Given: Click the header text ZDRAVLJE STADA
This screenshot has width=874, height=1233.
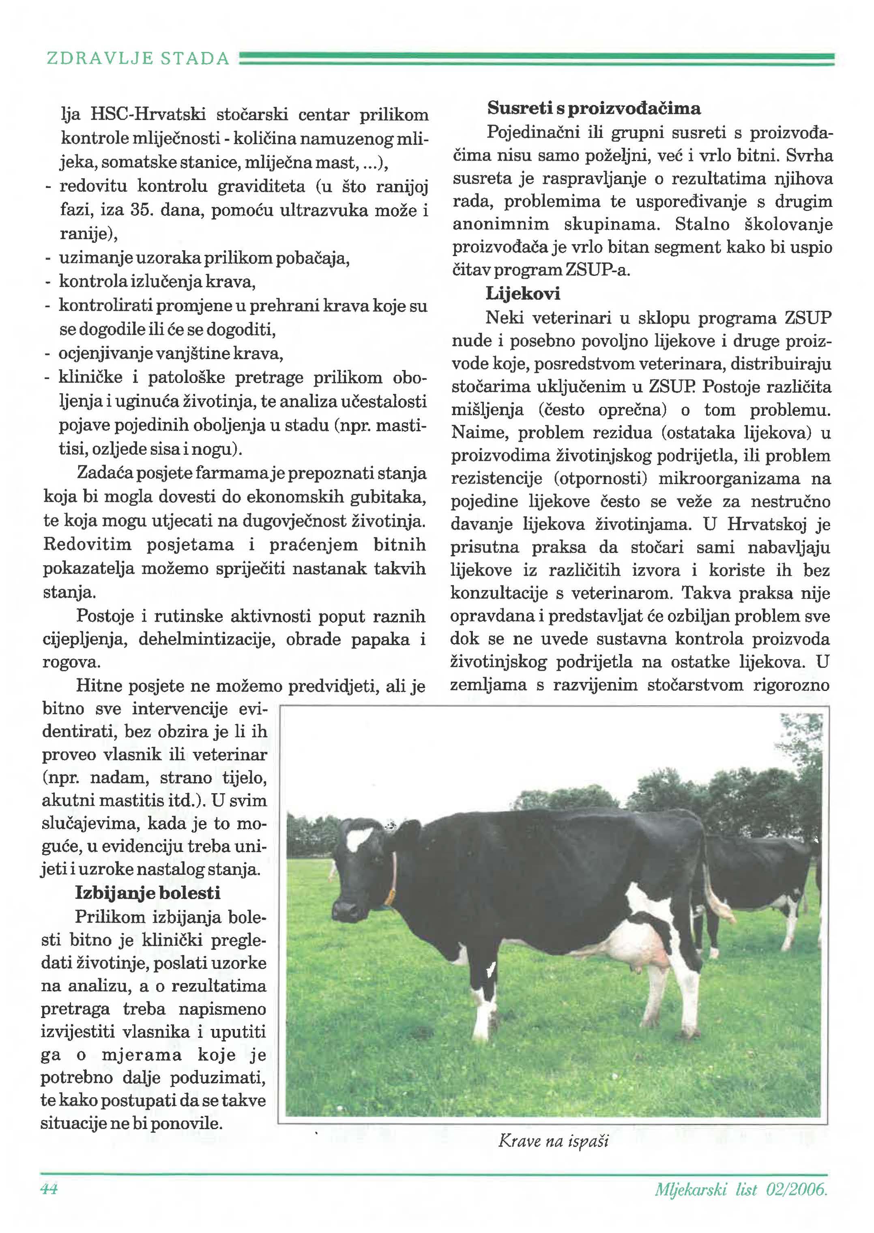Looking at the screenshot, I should coord(138,58).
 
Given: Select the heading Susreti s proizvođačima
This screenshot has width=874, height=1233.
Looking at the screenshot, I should coord(594,108).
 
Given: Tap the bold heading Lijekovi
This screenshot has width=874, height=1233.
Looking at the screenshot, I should coord(522,293).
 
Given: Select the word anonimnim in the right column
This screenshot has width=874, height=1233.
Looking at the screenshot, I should coord(500,224).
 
